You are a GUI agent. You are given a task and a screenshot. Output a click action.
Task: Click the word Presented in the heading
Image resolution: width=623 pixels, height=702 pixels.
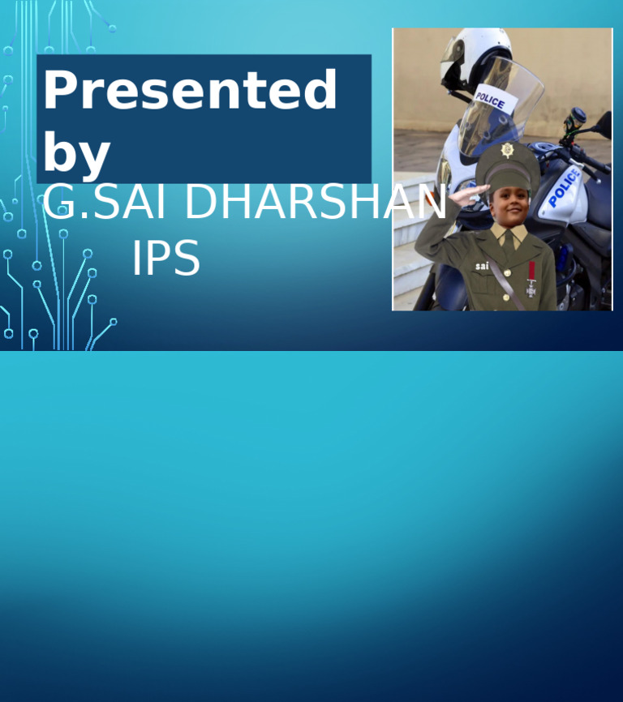[190, 90]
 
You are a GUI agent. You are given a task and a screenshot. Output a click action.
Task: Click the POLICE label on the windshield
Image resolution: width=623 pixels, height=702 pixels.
[490, 100]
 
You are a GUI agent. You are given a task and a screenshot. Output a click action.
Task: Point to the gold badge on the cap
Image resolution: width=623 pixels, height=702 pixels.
[508, 150]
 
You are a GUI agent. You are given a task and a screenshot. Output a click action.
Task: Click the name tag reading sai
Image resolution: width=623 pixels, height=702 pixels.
[482, 265]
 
